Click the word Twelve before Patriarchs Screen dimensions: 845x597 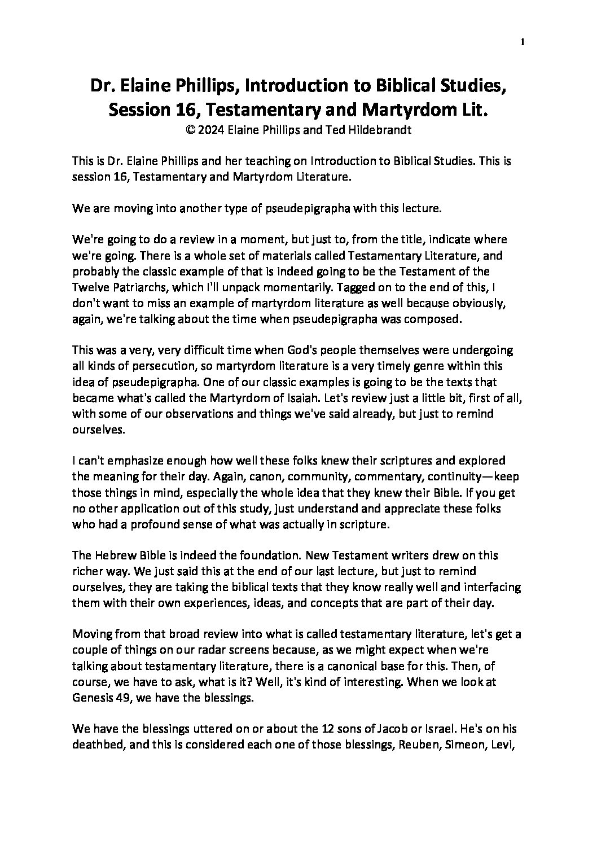point(90,287)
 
